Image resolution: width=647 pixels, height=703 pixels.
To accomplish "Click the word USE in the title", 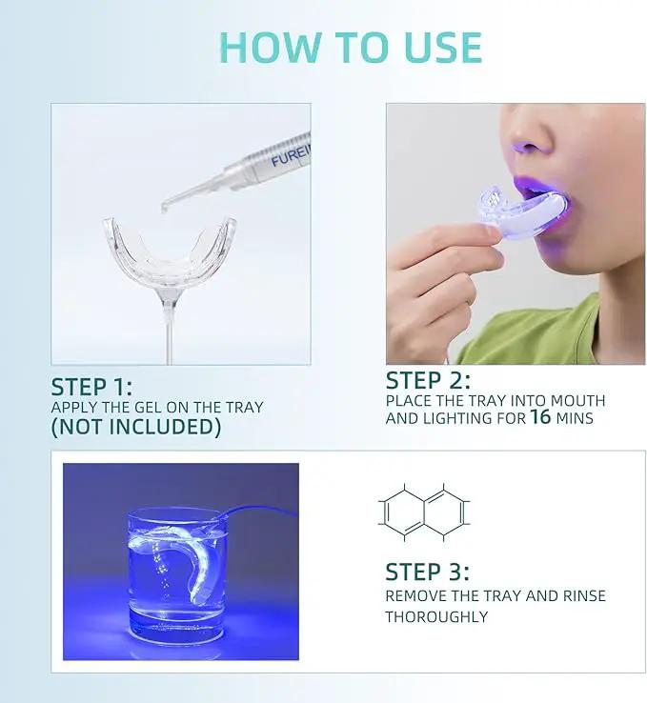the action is click(x=442, y=47).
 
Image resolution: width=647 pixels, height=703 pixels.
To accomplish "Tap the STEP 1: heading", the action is click(x=91, y=387).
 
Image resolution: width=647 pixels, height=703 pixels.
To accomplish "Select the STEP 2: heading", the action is click(x=428, y=380).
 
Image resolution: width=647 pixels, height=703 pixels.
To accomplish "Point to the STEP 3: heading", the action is click(x=427, y=572).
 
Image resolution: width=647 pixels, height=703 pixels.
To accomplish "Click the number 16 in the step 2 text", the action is click(x=540, y=416).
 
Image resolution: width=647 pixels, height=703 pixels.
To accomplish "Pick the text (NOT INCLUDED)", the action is click(x=136, y=427).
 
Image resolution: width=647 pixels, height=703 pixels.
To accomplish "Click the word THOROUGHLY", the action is click(x=436, y=616).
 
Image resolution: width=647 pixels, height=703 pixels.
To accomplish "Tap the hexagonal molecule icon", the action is click(x=424, y=512).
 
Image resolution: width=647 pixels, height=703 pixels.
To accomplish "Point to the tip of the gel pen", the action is click(x=164, y=208).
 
